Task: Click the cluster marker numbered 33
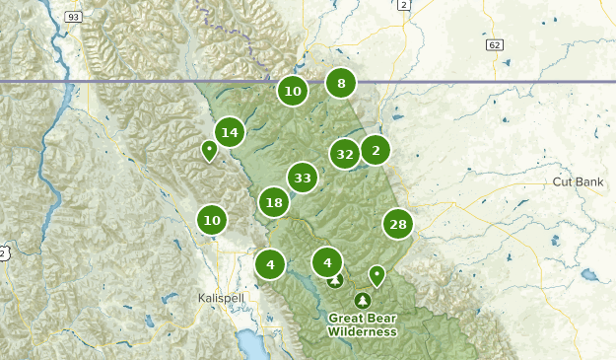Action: (303, 179)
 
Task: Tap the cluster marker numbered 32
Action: (344, 154)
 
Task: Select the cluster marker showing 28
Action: (398, 225)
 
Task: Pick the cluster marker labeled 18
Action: (274, 203)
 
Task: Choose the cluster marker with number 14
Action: (230, 132)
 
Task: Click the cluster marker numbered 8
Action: (341, 84)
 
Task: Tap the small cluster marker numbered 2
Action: (376, 150)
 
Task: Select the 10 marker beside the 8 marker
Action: (292, 92)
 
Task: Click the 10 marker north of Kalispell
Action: (212, 221)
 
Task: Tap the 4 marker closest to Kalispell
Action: (270, 264)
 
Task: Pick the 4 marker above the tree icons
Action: (327, 262)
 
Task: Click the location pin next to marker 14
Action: (209, 151)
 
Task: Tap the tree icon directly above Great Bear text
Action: (363, 300)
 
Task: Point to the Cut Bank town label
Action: (578, 183)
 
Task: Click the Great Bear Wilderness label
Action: (364, 324)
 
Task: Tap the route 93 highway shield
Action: (73, 17)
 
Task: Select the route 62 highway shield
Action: (495, 44)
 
